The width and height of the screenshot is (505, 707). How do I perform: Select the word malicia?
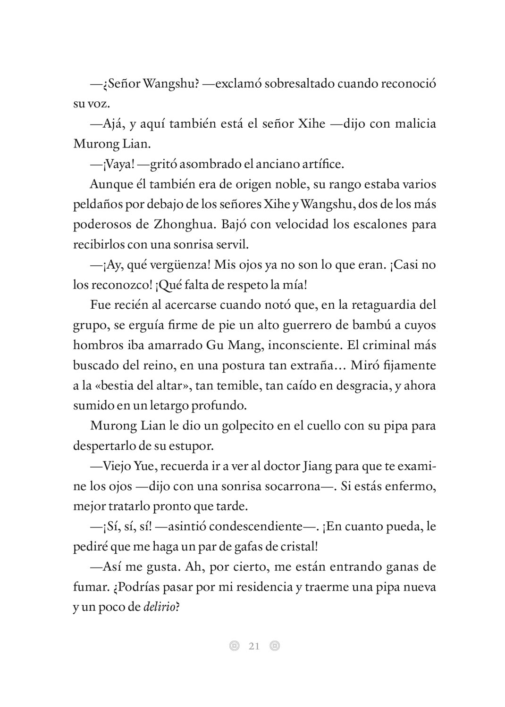pyautogui.click(x=413, y=124)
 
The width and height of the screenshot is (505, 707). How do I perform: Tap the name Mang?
pyautogui.click(x=244, y=345)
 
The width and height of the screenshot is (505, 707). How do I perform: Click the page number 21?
pyautogui.click(x=254, y=646)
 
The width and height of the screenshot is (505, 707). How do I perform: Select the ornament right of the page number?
pyautogui.click(x=275, y=646)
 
